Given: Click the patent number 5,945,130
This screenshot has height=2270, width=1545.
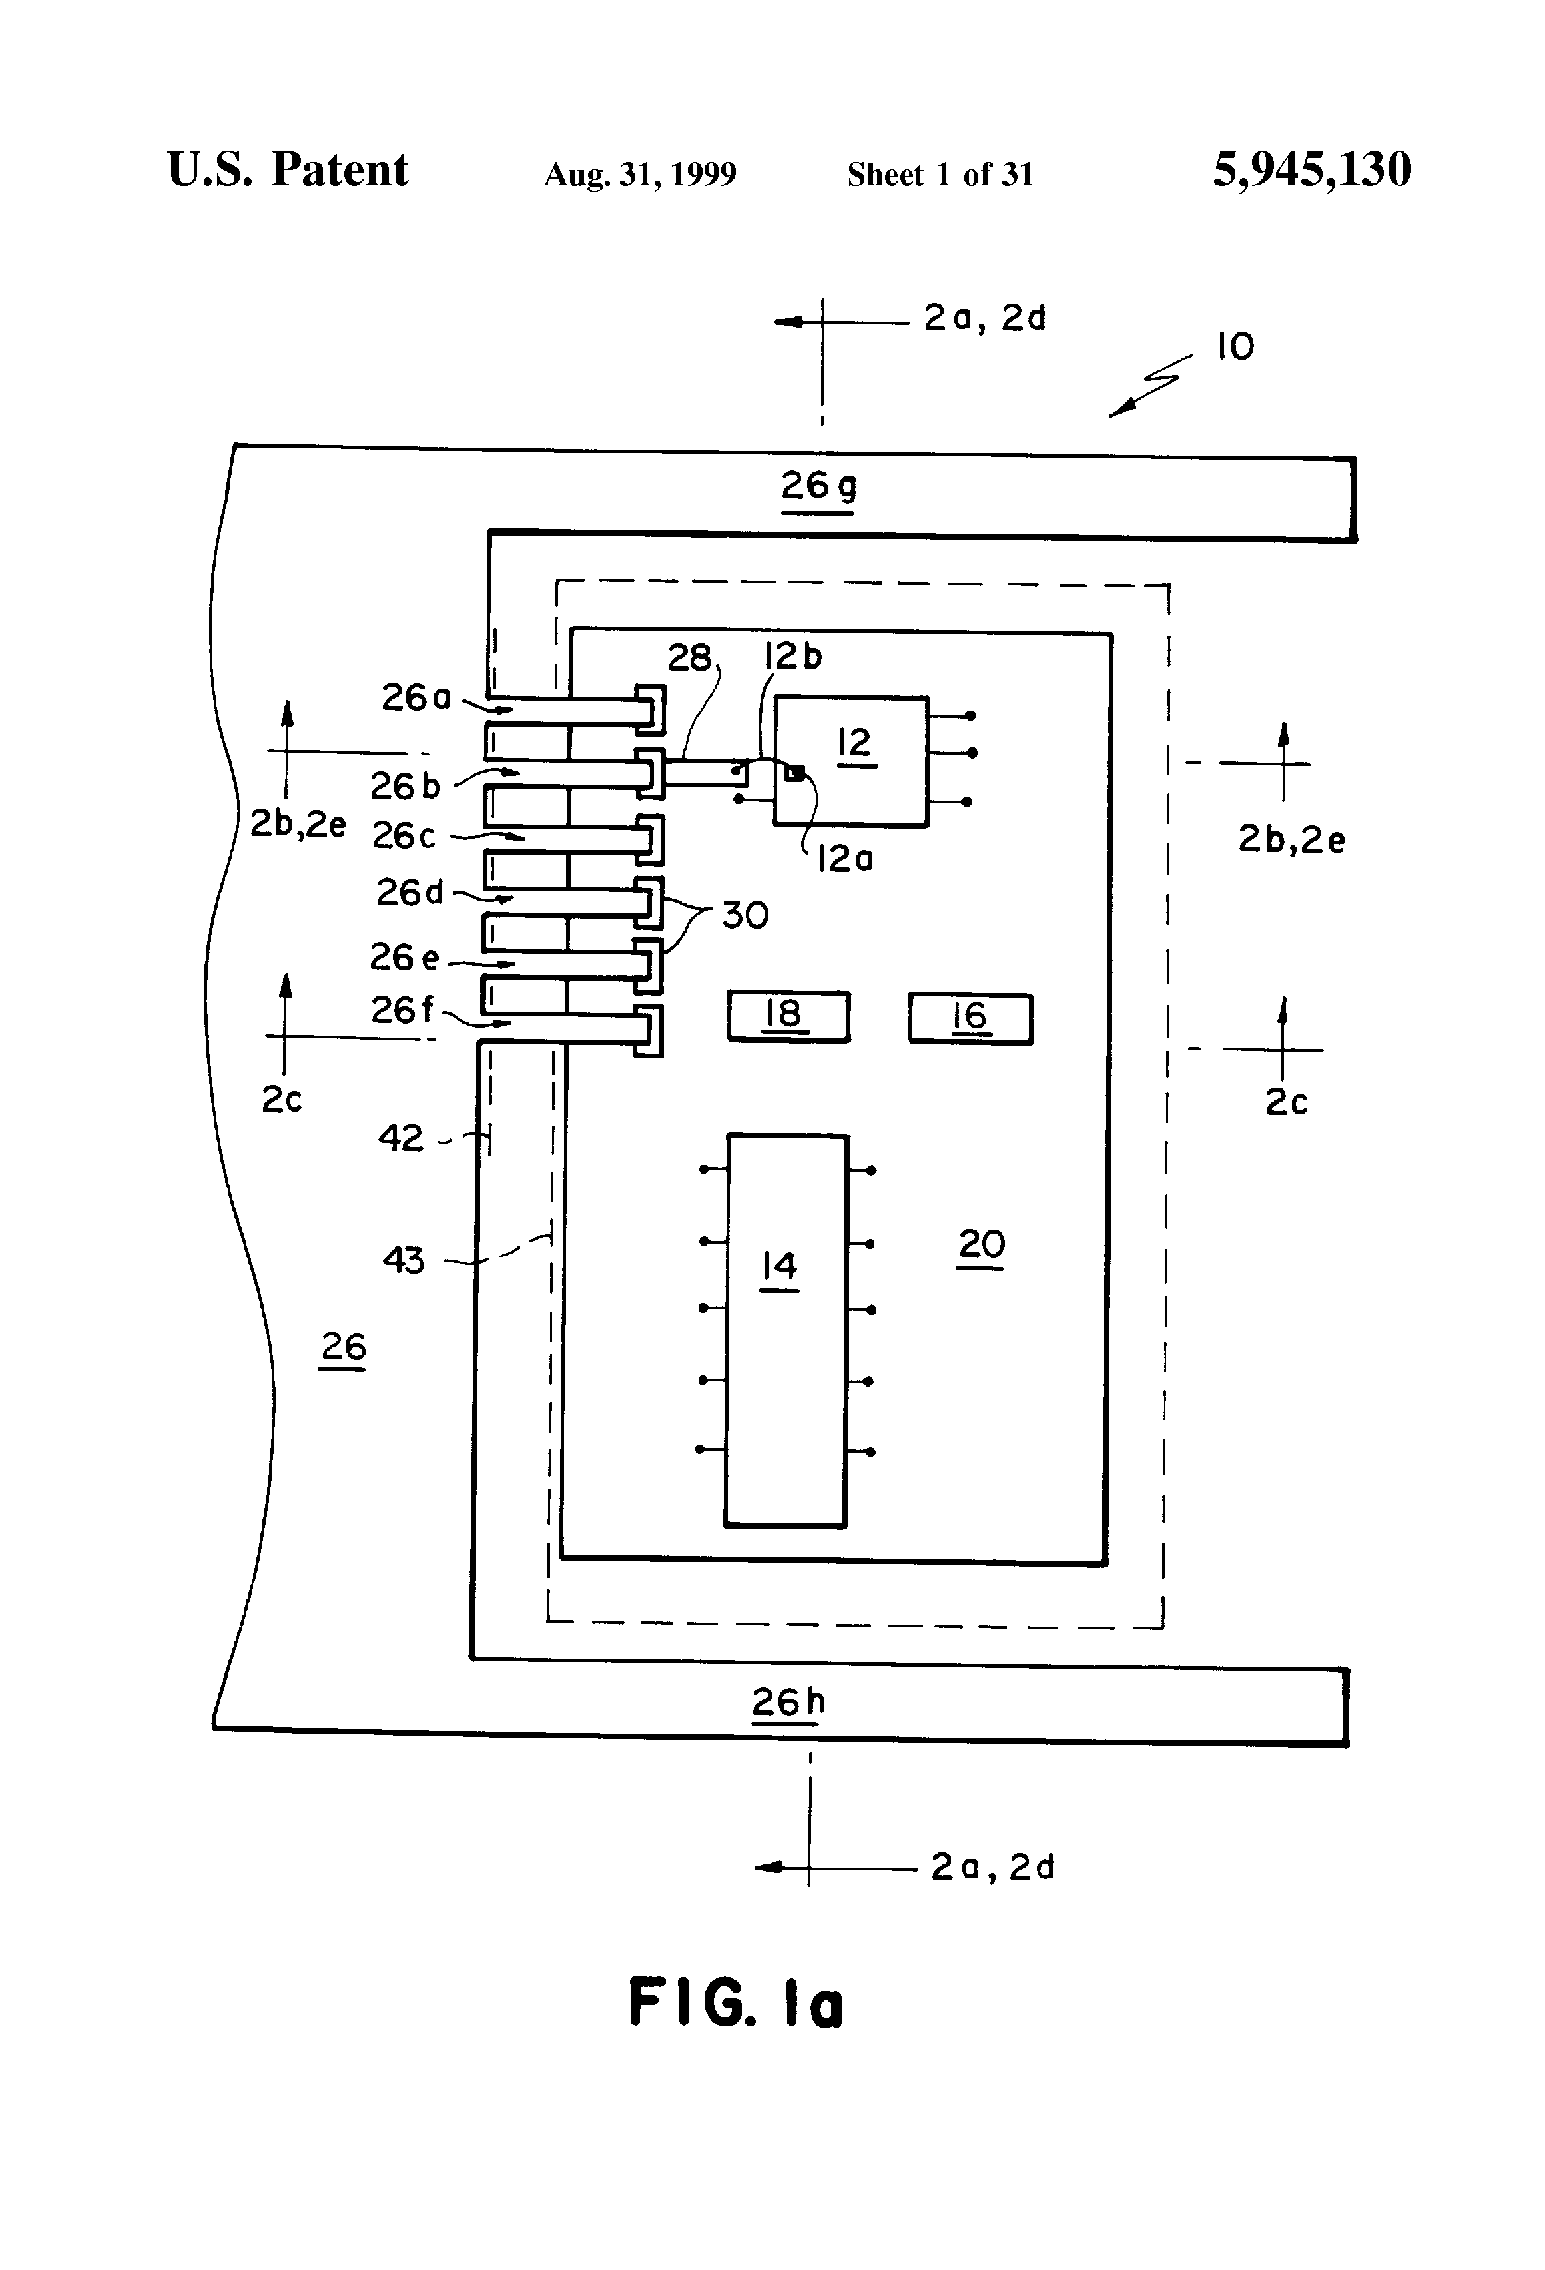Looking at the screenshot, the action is pyautogui.click(x=1312, y=170).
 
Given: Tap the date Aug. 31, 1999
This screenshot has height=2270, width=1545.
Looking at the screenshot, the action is pyautogui.click(x=640, y=175).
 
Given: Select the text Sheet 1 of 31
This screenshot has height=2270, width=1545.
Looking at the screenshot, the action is pyautogui.click(x=940, y=175).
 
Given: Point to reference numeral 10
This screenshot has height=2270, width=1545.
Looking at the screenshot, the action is pyautogui.click(x=1235, y=347).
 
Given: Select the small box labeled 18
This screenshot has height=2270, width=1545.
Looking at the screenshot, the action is pyautogui.click(x=788, y=1017).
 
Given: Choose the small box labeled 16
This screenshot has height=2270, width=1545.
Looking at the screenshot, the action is pyautogui.click(x=970, y=1018).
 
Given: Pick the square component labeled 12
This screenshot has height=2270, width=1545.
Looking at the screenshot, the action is pyautogui.click(x=850, y=761).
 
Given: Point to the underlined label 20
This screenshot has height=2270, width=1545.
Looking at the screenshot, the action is pyautogui.click(x=982, y=1246).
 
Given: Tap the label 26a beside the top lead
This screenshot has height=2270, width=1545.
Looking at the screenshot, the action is pyautogui.click(x=416, y=697).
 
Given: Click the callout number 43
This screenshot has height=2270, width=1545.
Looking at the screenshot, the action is pyautogui.click(x=404, y=1260).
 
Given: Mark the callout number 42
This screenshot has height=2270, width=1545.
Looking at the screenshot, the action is pyautogui.click(x=400, y=1138).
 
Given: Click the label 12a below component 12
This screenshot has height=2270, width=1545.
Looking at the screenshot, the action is pyautogui.click(x=845, y=859).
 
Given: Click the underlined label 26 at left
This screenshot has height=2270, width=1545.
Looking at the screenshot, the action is pyautogui.click(x=343, y=1349).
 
